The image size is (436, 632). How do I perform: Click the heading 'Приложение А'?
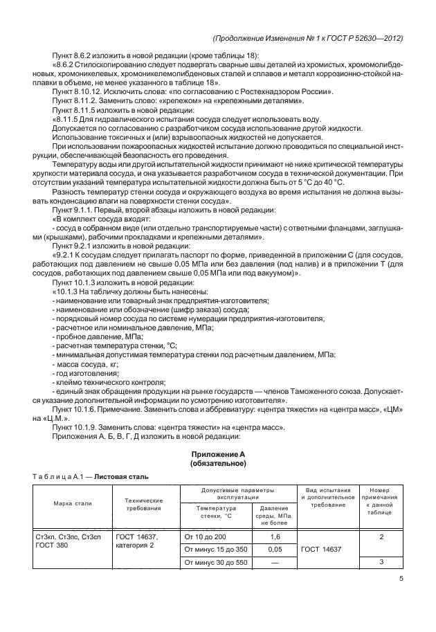[x=218, y=453]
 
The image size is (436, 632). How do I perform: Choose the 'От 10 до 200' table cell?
[x=205, y=537]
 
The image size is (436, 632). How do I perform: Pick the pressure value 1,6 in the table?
[x=275, y=537]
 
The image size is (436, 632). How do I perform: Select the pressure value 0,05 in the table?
[x=275, y=550]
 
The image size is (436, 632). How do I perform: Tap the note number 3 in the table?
[x=381, y=562]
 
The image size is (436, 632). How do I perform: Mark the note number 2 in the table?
[x=381, y=537]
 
